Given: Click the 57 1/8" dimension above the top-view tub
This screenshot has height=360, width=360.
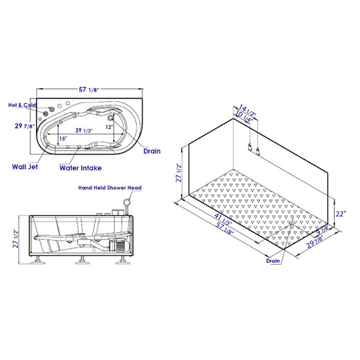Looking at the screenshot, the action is click(x=89, y=89).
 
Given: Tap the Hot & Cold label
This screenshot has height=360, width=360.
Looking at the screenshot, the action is click(x=22, y=105).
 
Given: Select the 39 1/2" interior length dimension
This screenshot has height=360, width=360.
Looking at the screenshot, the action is click(x=84, y=130).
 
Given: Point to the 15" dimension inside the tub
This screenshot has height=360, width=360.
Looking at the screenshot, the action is click(x=63, y=139).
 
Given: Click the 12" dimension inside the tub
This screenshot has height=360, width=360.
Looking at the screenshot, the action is click(x=109, y=127).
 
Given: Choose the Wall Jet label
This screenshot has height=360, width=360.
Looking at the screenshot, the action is click(x=25, y=167).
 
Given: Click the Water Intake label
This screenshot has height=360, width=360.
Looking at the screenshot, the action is click(x=80, y=168).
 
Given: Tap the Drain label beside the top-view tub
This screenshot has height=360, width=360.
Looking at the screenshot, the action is click(x=152, y=151).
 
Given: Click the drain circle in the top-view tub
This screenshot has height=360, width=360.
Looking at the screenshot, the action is click(x=110, y=118).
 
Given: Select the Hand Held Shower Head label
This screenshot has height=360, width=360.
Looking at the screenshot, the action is click(x=110, y=188).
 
